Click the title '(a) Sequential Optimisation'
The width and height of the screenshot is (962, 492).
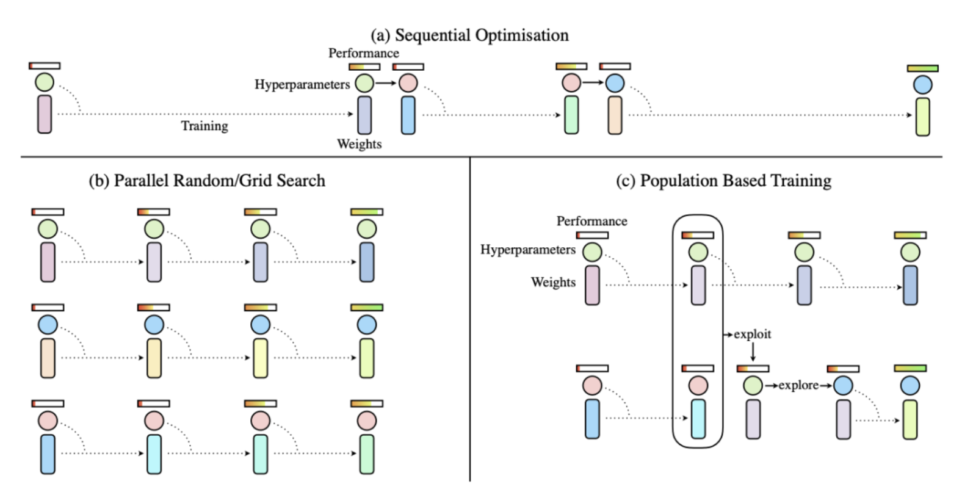click(469, 35)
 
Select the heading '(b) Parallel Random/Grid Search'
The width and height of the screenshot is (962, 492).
click(207, 181)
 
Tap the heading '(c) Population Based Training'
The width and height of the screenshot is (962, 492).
click(723, 181)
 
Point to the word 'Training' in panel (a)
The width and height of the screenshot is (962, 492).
click(204, 126)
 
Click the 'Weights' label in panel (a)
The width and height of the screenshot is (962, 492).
click(359, 144)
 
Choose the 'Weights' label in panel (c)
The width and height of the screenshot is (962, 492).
click(553, 282)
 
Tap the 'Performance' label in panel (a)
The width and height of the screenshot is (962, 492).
click(363, 53)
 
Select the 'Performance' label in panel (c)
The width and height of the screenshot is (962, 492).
click(591, 221)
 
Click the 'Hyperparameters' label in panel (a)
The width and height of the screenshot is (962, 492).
click(302, 84)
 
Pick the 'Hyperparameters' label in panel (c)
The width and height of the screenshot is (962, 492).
click(527, 250)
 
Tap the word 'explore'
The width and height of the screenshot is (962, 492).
click(798, 385)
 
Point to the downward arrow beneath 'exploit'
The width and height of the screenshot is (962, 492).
click(753, 352)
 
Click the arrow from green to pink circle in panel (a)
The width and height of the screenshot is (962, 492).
click(386, 83)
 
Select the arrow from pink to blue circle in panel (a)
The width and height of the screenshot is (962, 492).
click(593, 82)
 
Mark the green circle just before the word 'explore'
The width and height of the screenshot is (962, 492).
click(753, 385)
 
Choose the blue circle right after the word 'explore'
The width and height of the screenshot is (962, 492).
click(843, 385)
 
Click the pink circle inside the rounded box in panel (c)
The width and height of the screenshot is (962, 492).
click(698, 385)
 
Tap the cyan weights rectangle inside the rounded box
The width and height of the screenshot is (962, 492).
click(698, 419)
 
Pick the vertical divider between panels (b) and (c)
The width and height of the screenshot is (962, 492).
click(470, 317)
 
